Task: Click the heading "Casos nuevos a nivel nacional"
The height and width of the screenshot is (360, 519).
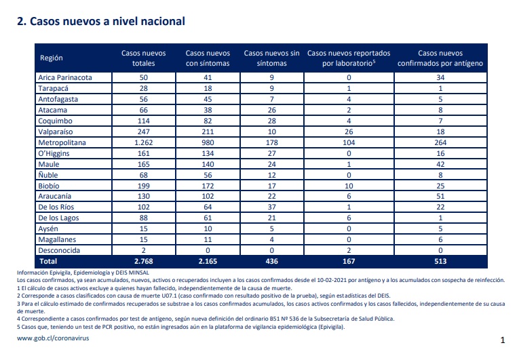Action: [107, 22]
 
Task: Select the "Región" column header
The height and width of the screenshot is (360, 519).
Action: [52, 58]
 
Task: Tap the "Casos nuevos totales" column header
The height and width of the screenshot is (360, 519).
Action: [144, 58]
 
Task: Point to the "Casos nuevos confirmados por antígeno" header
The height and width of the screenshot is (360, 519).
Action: [440, 58]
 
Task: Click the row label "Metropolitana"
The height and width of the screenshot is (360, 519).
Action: [62, 142]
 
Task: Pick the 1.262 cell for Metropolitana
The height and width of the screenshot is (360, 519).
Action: [144, 142]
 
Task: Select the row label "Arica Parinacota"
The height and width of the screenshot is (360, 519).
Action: [65, 77]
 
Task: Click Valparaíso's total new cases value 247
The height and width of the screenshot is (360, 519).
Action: [144, 132]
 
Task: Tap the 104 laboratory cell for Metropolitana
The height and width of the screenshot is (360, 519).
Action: [349, 142]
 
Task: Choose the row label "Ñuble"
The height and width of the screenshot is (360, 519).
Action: [48, 175]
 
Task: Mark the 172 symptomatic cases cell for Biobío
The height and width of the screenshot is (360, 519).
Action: [208, 186]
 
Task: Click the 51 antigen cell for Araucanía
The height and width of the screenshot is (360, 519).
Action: [440, 196]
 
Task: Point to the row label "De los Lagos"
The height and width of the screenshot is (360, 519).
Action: [58, 218]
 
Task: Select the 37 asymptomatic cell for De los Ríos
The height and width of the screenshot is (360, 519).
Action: [272, 207]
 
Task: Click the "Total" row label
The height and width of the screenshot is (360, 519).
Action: [48, 262]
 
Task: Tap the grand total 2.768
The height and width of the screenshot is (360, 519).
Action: [144, 262]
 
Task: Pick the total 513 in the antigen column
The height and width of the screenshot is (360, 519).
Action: [440, 262]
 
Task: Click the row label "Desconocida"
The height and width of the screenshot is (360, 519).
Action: [59, 250]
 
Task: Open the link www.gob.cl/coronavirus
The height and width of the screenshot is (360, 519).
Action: [53, 338]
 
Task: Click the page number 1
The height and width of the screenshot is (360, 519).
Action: [503, 340]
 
